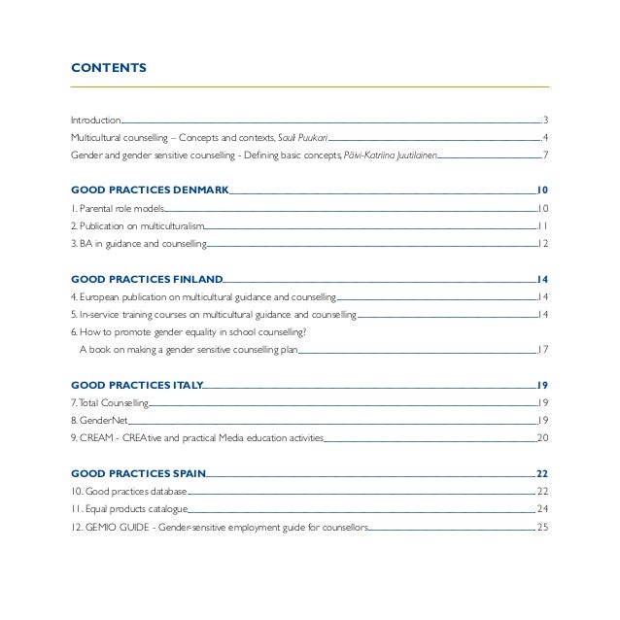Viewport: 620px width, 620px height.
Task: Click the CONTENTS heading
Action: tap(109, 68)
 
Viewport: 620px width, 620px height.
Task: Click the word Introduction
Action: tap(95, 120)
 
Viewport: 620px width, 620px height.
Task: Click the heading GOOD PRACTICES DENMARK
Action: tap(149, 190)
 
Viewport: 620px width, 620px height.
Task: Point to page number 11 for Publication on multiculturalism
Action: tap(543, 226)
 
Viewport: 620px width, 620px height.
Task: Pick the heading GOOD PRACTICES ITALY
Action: tap(137, 384)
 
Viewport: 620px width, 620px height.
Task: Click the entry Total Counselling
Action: tap(110, 402)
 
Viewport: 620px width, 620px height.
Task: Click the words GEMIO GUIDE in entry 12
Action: tap(118, 528)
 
